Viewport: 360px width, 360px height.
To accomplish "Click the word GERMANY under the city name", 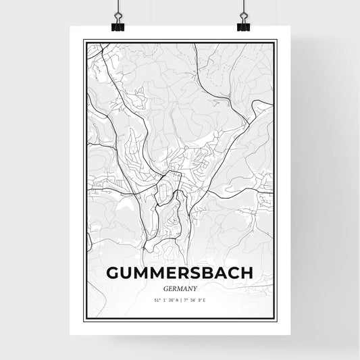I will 180,288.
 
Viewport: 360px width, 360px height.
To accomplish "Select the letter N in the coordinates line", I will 177,299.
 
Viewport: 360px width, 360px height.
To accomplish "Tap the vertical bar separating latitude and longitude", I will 181,299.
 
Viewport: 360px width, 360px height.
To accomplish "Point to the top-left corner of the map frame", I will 84,41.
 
